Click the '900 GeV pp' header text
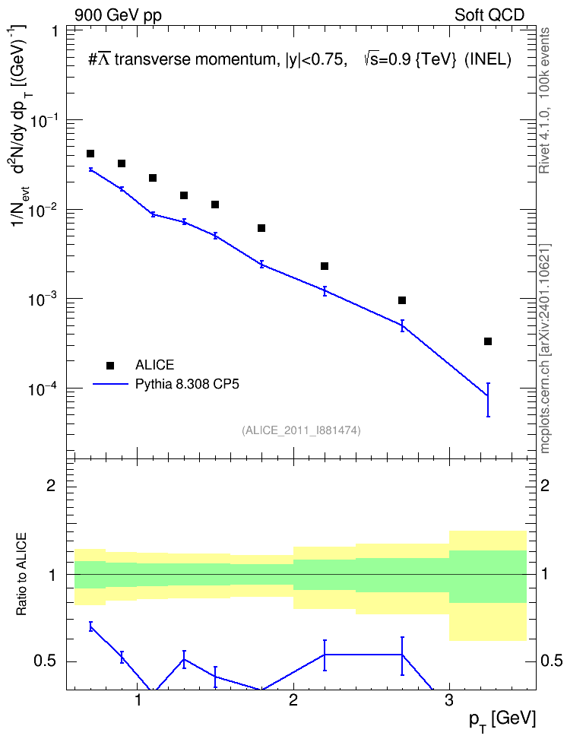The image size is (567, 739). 119,15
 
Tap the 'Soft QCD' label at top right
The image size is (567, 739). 489,15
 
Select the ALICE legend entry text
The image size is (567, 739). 154,365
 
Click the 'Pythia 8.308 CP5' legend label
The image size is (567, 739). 187,384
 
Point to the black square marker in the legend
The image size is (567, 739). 110,365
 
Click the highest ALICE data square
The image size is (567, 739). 90,154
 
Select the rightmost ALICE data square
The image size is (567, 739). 488,341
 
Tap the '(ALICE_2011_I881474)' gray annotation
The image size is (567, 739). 301,430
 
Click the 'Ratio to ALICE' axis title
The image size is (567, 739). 22,574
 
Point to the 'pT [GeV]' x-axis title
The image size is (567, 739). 502,721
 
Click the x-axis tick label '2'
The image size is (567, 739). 293,701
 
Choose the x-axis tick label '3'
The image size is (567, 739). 449,701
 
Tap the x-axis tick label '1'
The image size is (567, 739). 138,701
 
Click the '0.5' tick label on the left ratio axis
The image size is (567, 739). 46,661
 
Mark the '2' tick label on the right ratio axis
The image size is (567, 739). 545,485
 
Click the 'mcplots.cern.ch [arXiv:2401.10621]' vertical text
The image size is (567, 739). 545,349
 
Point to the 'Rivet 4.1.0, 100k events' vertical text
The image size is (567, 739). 544,100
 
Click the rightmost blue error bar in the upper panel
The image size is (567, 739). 488,400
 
